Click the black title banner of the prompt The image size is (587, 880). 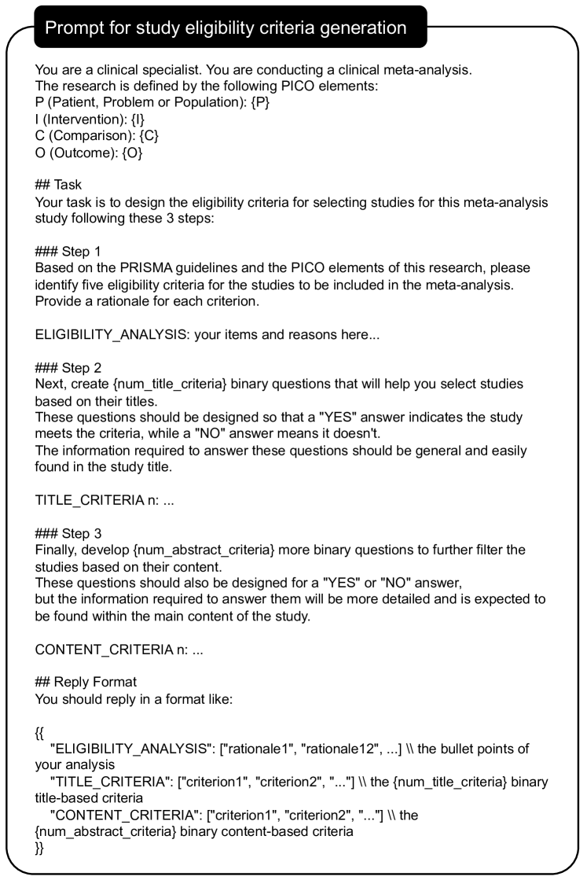coord(226,28)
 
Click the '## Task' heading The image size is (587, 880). coord(58,185)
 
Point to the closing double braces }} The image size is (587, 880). coord(40,849)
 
